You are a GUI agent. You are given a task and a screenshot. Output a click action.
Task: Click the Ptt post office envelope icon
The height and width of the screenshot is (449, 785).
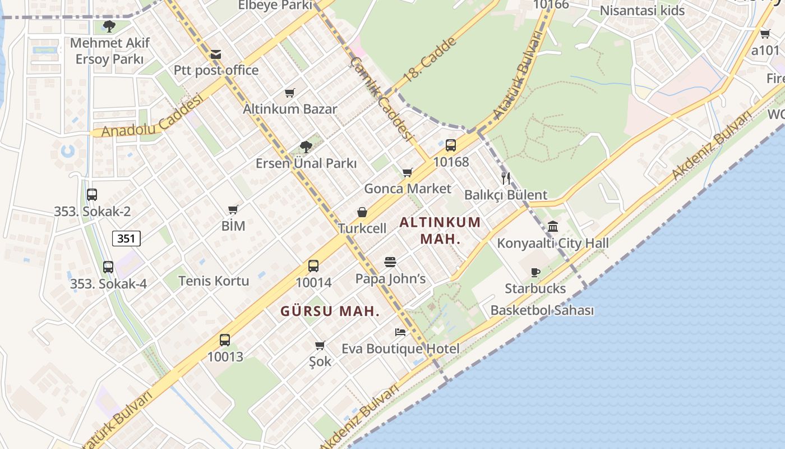216,54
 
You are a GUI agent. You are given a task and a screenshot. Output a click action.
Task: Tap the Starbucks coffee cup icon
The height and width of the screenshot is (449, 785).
535,273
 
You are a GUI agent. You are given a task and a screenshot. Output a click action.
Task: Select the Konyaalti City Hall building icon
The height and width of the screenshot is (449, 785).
553,227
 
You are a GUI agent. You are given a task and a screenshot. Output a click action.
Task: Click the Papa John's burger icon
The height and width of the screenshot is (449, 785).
390,262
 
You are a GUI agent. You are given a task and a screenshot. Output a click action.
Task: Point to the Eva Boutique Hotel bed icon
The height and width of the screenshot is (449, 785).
400,332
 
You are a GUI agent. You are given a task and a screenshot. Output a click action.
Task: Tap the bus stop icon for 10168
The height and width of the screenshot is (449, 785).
451,146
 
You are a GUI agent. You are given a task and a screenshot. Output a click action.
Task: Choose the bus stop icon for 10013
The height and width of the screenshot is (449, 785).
225,340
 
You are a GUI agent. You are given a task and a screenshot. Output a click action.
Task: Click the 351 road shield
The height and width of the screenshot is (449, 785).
126,239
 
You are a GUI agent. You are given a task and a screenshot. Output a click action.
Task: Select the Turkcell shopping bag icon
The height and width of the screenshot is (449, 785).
362,213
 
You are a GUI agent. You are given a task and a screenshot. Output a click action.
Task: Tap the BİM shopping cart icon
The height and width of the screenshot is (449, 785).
233,210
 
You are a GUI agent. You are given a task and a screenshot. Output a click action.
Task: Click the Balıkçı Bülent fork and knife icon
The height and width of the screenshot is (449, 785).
506,178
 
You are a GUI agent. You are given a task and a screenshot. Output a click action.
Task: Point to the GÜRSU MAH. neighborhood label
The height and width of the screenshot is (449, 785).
330,311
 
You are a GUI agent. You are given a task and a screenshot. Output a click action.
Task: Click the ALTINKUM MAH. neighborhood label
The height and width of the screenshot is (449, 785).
440,230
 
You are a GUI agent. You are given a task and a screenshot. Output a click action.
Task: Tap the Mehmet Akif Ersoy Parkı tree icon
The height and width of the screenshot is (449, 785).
109,26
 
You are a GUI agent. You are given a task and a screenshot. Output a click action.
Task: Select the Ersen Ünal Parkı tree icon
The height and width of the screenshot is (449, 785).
306,147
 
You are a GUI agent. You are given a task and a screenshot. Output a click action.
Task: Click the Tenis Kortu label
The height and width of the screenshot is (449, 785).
214,281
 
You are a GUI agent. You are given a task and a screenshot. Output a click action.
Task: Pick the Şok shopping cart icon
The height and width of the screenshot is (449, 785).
320,345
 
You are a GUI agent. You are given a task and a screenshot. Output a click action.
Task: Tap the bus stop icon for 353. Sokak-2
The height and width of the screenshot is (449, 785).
92,195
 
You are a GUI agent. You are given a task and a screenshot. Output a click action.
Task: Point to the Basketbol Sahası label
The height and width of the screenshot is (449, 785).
542,310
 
